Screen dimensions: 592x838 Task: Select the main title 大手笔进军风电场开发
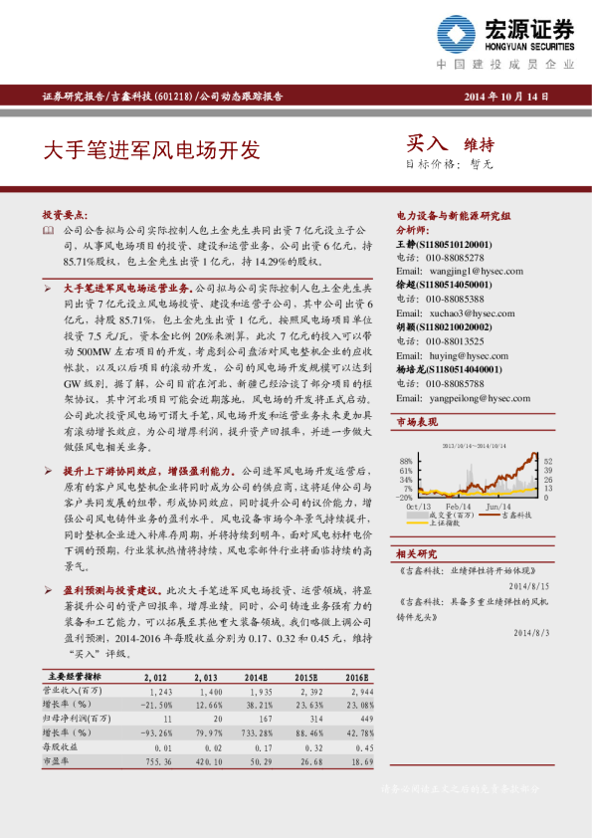click(x=150, y=150)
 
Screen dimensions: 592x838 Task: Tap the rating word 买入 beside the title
click(x=428, y=143)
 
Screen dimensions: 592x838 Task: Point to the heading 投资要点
click(x=62, y=214)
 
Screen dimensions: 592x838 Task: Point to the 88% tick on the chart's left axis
click(x=406, y=461)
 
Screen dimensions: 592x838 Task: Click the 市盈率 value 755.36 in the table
click(x=159, y=759)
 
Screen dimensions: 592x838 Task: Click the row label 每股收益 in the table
click(x=59, y=745)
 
